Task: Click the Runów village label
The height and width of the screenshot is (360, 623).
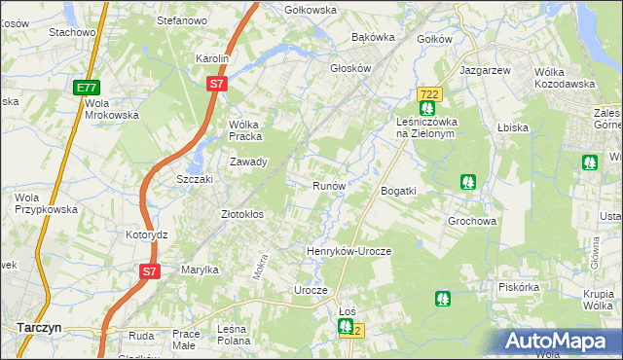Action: (329, 186)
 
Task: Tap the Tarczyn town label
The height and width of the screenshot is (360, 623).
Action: (39, 328)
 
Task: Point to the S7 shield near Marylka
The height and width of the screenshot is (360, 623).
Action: (148, 271)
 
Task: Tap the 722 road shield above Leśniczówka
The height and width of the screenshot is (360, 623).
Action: (427, 93)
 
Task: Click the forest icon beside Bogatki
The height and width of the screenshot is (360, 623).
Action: (468, 181)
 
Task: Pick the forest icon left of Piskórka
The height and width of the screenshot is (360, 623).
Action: (443, 299)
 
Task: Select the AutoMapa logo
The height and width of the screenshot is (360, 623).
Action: (558, 341)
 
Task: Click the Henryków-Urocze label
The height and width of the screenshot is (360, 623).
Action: (348, 251)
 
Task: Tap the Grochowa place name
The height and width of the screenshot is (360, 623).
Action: (473, 221)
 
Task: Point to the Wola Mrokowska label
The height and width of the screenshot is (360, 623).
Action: (112, 109)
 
